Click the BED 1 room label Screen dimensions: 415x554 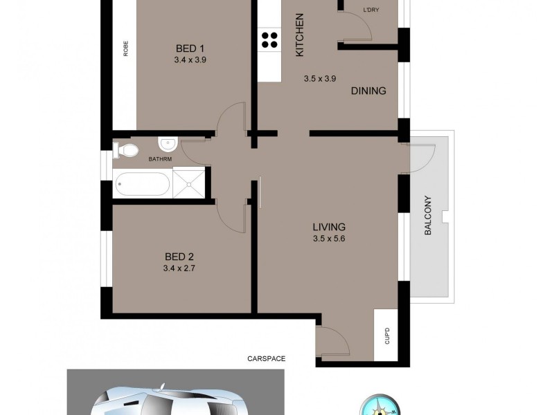click(190, 48)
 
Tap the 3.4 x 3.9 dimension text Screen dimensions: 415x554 click(190, 60)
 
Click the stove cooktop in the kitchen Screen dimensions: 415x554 click(269, 39)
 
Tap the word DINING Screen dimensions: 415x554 click(368, 91)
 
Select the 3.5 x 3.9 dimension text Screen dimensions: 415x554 click(319, 79)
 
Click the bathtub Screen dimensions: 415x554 click(143, 185)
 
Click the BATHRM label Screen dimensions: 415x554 click(160, 160)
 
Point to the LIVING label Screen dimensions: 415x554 click(328, 227)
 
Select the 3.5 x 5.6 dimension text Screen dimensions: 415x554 click(328, 239)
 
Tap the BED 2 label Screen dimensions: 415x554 click(179, 257)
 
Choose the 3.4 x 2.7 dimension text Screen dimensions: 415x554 click(179, 268)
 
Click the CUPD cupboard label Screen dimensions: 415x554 click(388, 337)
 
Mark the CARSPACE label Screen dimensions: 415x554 click(267, 359)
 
